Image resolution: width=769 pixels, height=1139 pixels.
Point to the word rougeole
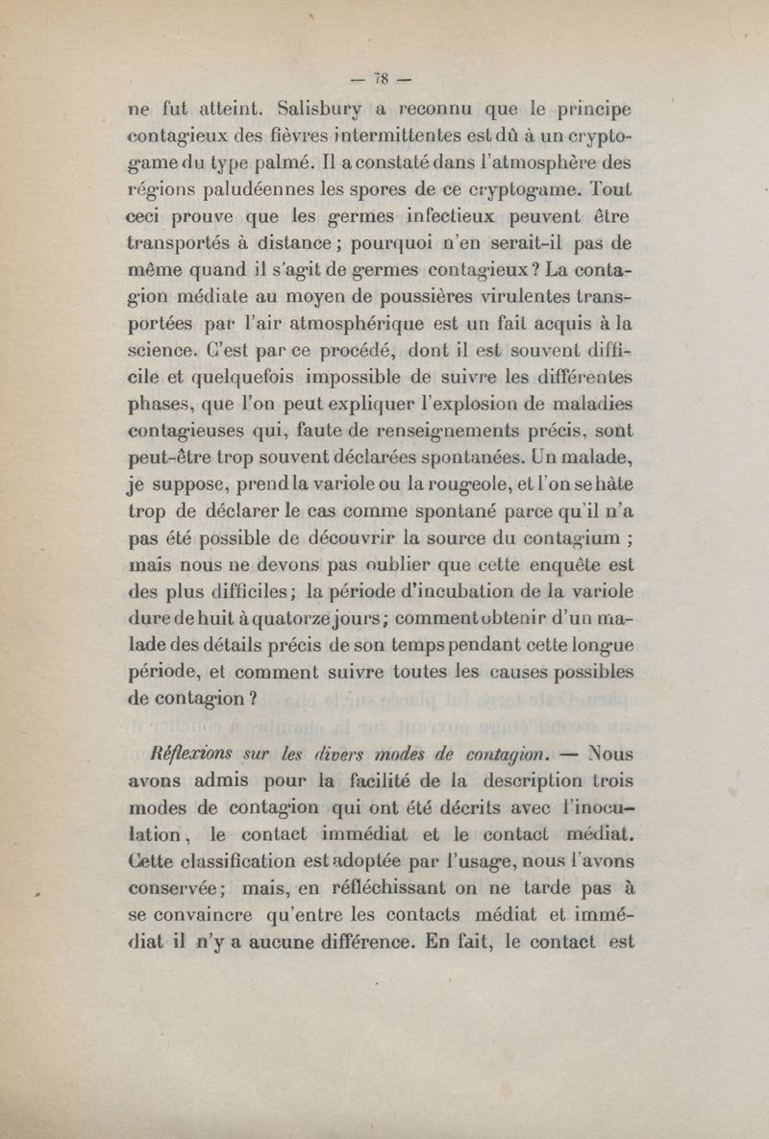459,486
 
